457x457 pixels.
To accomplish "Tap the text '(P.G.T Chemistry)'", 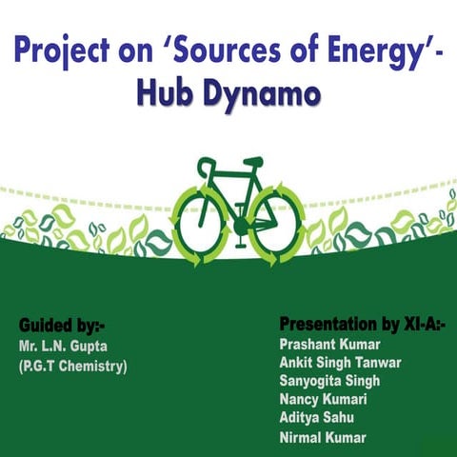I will [x=71, y=365].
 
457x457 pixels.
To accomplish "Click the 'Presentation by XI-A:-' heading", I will [x=363, y=322].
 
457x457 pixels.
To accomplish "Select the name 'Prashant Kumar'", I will [x=328, y=343].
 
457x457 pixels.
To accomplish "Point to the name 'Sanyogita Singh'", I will [x=329, y=381].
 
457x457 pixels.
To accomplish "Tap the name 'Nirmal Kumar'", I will [x=322, y=438].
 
